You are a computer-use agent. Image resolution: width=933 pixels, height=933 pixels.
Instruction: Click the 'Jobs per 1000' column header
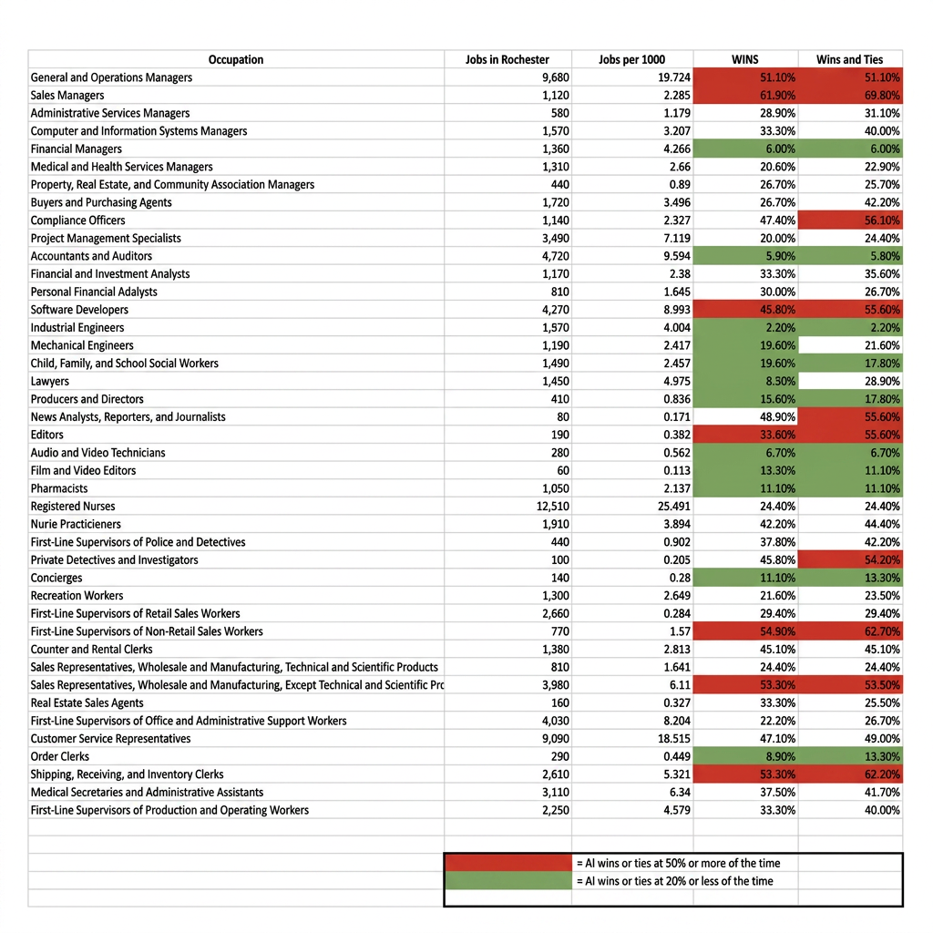[x=631, y=60]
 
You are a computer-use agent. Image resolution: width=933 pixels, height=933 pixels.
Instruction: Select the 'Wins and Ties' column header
[x=849, y=60]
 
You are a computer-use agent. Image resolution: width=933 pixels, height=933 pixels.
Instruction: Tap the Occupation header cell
[x=236, y=60]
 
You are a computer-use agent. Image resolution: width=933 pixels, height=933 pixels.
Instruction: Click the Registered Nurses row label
[x=73, y=507]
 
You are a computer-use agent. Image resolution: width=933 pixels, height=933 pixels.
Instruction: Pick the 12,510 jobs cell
[x=553, y=507]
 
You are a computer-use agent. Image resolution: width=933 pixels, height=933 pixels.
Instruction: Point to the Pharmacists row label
[x=59, y=488]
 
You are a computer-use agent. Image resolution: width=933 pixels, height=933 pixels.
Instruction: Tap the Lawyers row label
[x=50, y=382]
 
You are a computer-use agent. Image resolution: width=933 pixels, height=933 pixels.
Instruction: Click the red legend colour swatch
[x=508, y=863]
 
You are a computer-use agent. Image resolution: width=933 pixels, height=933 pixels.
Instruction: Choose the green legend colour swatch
[x=508, y=881]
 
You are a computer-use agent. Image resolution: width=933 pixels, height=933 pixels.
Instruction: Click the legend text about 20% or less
[x=674, y=881]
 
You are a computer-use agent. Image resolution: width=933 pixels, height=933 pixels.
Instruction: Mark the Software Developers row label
[x=79, y=310]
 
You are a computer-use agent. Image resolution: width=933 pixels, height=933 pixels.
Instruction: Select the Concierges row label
[x=56, y=578]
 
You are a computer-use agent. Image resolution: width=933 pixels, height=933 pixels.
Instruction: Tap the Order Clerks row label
[x=60, y=756]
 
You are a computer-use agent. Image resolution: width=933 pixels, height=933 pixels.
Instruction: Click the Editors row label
[x=47, y=435]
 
